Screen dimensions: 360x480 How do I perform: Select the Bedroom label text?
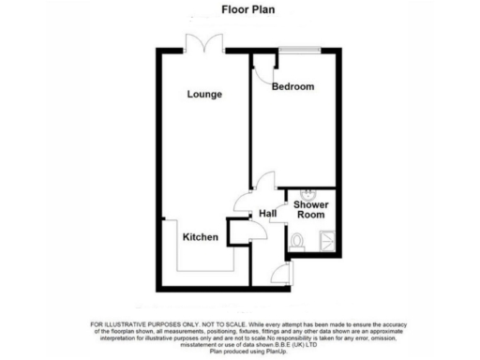292,87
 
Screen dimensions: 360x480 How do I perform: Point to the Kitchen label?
201,237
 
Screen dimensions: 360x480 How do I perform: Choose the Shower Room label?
310,208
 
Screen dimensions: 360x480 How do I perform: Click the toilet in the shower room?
296,241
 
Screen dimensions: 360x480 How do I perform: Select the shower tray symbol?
329,240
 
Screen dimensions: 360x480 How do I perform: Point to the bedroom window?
295,55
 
